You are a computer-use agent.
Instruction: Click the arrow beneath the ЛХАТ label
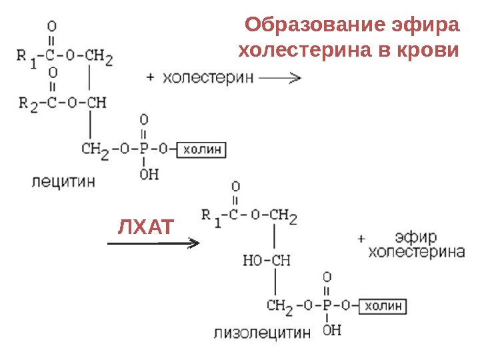[153, 243]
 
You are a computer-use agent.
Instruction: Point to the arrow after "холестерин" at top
[279, 78]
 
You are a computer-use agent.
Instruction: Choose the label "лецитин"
[64, 181]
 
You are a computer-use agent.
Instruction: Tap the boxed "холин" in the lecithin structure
[201, 149]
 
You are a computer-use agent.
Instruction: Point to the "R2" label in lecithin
[28, 103]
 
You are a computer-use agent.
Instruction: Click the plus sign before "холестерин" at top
[150, 78]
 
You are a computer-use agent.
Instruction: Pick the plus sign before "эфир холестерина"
[361, 238]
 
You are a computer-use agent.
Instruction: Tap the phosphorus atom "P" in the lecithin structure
[144, 149]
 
